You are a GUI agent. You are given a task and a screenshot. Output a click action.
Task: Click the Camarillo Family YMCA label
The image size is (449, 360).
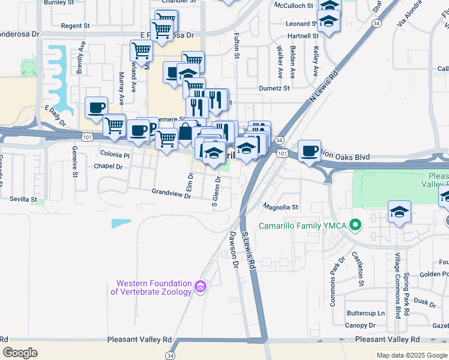tap(303, 226)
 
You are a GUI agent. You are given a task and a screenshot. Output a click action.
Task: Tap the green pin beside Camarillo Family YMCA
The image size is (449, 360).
tap(355, 226)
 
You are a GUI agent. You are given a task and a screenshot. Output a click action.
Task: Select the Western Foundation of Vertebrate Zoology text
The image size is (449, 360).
tap(154, 287)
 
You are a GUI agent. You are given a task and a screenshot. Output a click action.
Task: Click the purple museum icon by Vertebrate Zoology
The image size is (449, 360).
tap(200, 287)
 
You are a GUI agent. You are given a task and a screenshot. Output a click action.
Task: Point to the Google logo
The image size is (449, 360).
tap(20, 353)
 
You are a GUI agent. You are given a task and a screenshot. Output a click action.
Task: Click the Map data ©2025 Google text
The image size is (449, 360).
tap(411, 355)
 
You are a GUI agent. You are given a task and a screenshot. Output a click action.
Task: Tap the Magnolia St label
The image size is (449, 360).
tap(281, 207)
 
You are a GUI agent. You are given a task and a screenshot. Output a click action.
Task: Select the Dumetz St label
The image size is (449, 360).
tap(274, 88)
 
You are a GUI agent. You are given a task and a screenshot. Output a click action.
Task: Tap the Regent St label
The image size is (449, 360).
tap(75, 26)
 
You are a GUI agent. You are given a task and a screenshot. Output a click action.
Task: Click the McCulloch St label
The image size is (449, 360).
tap(294, 5)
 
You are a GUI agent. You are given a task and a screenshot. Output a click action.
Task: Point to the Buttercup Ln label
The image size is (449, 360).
tap(366, 313)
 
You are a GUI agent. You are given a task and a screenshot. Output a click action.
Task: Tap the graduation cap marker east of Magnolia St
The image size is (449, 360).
tap(399, 212)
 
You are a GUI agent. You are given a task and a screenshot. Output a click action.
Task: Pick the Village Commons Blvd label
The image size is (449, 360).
tap(397, 286)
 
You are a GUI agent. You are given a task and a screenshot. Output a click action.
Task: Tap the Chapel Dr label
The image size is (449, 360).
tap(108, 166)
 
